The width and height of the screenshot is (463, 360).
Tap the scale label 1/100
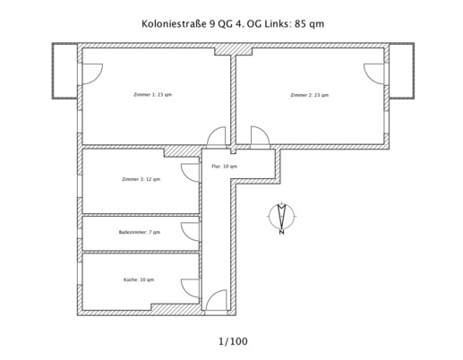pyautogui.click(x=233, y=341)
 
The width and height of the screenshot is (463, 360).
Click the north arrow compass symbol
pyautogui.click(x=282, y=218)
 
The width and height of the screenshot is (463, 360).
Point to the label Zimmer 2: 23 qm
pyautogui.click(x=309, y=94)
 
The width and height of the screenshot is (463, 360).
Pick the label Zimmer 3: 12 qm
pyautogui.click(x=141, y=179)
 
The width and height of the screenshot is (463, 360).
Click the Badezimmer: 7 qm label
pyautogui.click(x=139, y=232)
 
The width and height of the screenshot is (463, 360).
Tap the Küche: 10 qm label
pyautogui.click(x=139, y=279)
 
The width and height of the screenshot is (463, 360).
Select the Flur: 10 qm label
pyautogui.click(x=224, y=167)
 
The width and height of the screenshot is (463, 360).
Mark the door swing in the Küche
pyautogui.click(x=190, y=288)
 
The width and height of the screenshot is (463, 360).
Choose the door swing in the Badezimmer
pyautogui.click(x=190, y=232)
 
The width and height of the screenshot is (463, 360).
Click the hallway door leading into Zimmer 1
pyautogui.click(x=217, y=136)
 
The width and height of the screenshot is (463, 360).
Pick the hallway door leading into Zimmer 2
pyautogui.click(x=260, y=136)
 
